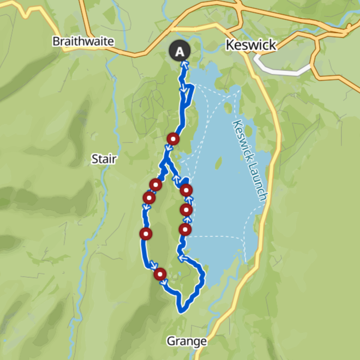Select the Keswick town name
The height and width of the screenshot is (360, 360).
coord(250,45)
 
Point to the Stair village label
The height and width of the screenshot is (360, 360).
coord(103,159)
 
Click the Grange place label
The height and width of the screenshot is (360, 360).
coord(187,341)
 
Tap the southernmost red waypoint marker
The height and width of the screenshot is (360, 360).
coord(160,274)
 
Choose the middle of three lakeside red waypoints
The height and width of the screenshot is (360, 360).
coord(187,209)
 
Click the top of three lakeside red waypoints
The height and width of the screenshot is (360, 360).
coord(187,190)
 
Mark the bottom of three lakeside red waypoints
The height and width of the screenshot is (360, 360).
coord(185,230)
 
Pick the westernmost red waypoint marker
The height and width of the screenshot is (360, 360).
coord(146,235)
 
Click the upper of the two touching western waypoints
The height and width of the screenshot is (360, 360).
coord(156,185)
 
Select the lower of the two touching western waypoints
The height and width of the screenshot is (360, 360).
coord(148,197)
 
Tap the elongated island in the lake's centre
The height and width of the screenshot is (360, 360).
coord(219,163)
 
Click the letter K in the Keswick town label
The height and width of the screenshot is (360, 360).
coord(230,45)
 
